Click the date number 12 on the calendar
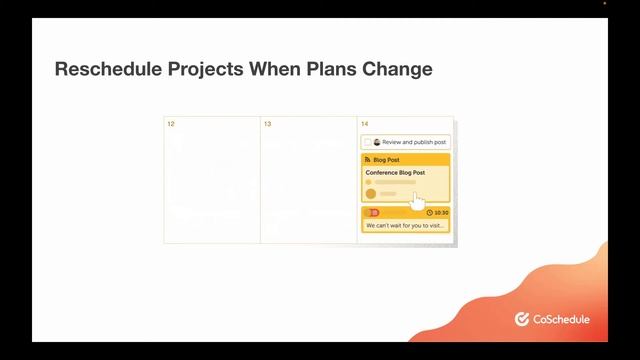tap(171, 124)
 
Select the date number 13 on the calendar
tap(267, 124)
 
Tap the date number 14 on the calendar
tap(364, 124)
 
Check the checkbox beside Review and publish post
tap(367, 142)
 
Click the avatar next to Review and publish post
tap(377, 142)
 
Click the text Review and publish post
tap(414, 142)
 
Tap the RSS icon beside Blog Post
tap(367, 159)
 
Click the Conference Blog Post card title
tap(395, 172)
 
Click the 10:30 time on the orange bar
tap(441, 212)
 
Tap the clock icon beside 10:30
tap(430, 212)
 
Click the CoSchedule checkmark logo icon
tap(521, 319)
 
